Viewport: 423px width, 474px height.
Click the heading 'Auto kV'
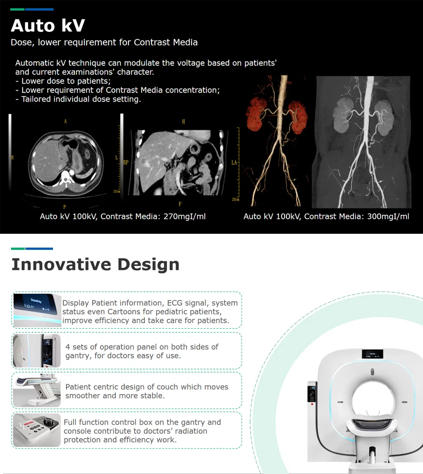click(x=48, y=25)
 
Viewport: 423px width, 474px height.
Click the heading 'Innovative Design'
click(x=95, y=264)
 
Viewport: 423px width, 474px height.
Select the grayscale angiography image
click(x=363, y=142)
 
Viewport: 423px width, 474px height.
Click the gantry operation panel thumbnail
click(x=37, y=351)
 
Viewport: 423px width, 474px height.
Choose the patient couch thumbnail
click(x=37, y=391)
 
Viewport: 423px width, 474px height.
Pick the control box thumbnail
click(x=37, y=430)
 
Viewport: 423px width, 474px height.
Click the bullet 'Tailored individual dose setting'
click(x=81, y=99)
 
